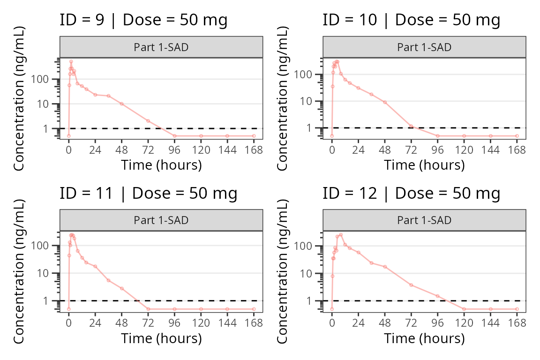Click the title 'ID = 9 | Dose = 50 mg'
143,20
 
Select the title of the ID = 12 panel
411,193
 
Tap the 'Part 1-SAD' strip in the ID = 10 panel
424,47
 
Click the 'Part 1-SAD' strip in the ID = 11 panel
161,220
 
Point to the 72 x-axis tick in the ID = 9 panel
148,150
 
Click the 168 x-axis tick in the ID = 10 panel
517,150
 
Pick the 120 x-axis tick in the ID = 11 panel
201,323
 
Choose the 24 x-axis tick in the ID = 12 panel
359,323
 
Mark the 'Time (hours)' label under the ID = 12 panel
424,338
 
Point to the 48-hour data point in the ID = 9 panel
121,104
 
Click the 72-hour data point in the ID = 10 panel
411,126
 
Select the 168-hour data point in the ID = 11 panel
254,309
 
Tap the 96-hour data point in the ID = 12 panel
437,296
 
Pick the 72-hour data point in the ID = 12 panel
411,285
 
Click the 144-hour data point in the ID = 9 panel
227,136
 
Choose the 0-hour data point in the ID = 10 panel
332,136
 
